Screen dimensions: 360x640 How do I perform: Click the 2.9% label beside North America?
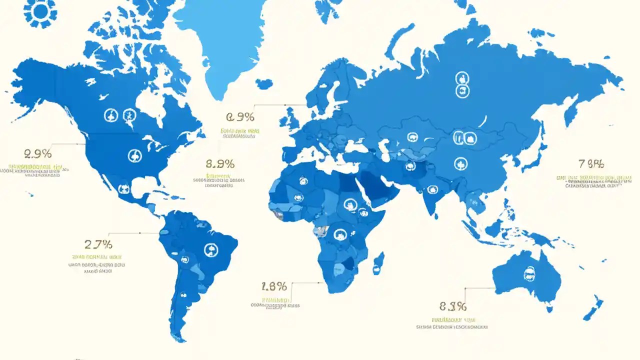[x=37, y=153]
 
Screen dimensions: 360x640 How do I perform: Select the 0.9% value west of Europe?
[x=240, y=117]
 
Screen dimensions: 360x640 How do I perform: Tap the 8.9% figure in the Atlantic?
[x=220, y=163]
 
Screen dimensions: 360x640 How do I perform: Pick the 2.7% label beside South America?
[x=98, y=244]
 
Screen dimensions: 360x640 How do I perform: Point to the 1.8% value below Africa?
[x=274, y=286]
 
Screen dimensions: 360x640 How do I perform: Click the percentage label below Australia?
[x=453, y=306]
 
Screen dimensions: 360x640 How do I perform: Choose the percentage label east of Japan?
[x=591, y=163]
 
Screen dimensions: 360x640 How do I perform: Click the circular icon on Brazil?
[x=211, y=249]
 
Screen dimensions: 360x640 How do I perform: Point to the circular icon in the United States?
[x=134, y=155]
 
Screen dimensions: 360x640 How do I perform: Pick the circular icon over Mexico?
[x=123, y=189]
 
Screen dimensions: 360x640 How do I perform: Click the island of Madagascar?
[x=379, y=263]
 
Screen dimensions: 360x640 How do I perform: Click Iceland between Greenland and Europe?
[x=263, y=83]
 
